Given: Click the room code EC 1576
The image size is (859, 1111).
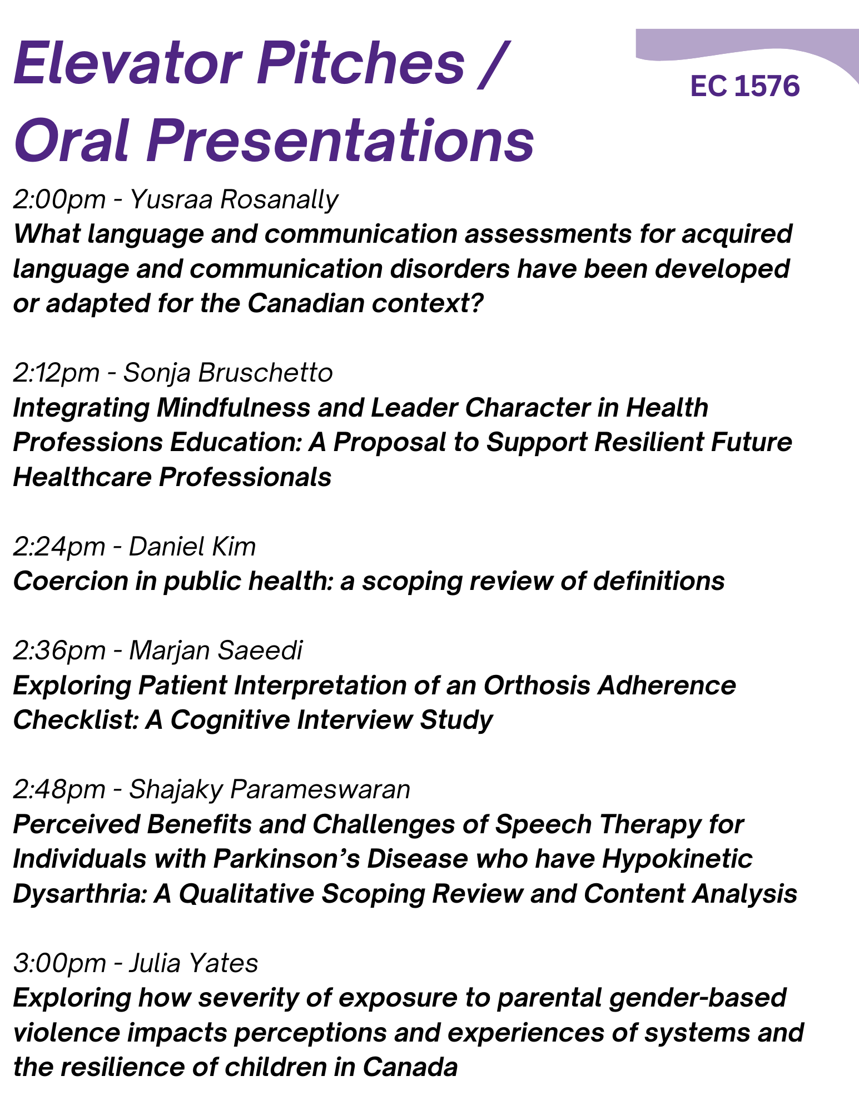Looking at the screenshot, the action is (745, 87).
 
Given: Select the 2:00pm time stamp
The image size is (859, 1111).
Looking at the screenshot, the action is (59, 199).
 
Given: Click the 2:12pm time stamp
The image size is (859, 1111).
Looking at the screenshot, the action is (56, 373).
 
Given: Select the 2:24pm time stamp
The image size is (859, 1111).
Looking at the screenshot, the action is (59, 547).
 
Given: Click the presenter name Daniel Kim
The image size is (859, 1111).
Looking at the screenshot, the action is (192, 547).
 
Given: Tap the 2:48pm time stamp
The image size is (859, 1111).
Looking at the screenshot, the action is (59, 789).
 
